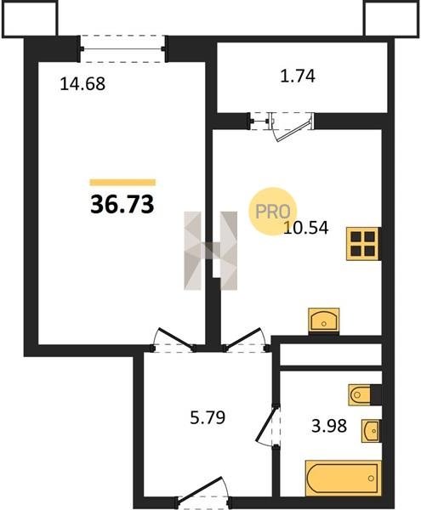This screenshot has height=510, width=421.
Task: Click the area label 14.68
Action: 82,83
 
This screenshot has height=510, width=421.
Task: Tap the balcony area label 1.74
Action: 298,76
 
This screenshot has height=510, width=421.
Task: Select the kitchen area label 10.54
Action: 306,228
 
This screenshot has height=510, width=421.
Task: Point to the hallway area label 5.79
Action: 208,417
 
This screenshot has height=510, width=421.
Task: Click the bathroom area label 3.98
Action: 329,426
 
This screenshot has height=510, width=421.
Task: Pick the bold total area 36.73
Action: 122,205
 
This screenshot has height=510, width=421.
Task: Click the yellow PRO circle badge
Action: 273,212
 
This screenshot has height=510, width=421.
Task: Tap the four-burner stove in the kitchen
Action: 363,244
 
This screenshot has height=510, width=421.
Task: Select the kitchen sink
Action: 324,320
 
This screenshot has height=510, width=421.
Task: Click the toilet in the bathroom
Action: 361,395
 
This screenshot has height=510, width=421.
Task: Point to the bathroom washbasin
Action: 371,431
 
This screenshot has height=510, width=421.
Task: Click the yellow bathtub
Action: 343,478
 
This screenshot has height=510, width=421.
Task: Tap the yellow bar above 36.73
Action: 122,183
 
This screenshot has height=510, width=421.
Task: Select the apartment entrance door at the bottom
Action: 203,497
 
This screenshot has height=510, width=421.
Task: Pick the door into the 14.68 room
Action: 174,340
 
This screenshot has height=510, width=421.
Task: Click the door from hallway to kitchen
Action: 247,340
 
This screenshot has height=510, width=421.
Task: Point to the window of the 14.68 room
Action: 123,48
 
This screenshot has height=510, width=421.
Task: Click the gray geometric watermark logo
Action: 211,251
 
